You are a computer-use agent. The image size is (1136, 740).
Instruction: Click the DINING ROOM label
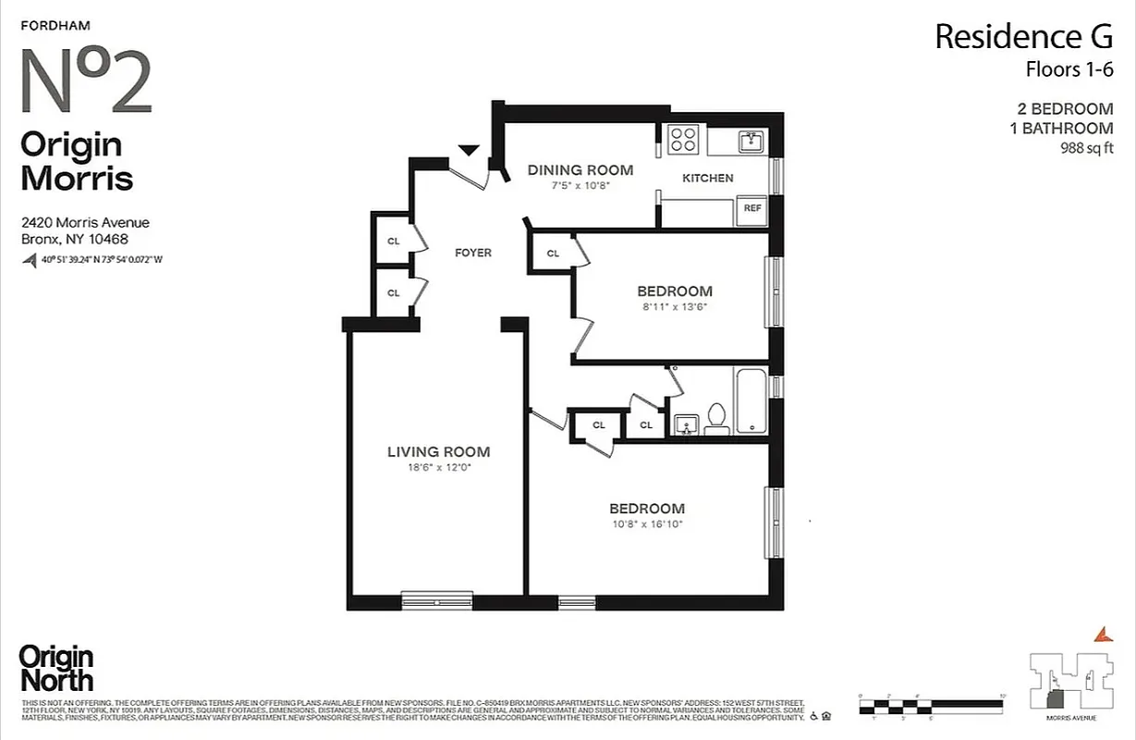(580, 170)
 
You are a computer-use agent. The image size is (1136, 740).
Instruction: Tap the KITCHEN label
(708, 178)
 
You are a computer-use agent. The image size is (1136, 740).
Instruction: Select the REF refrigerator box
(752, 209)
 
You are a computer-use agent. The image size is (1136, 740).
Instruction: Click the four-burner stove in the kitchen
(684, 140)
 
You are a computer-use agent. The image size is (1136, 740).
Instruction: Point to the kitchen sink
(751, 142)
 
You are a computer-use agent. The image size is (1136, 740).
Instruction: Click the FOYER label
(473, 253)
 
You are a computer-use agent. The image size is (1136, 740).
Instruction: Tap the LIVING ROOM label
(438, 452)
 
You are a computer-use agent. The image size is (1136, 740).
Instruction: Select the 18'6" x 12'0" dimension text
(438, 468)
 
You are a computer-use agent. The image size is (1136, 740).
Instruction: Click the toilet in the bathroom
(716, 418)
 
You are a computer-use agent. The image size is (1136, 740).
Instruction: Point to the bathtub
(750, 401)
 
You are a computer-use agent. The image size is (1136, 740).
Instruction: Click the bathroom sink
(685, 424)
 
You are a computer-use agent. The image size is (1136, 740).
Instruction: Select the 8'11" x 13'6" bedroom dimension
(674, 307)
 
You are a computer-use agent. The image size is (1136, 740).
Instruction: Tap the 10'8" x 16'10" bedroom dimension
(647, 524)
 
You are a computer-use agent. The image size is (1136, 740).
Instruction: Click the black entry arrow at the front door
(469, 150)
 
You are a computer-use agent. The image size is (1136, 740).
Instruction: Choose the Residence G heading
(1023, 37)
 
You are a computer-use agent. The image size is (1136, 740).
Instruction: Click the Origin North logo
(56, 669)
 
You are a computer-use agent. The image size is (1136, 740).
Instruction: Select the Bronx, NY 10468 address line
(75, 239)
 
